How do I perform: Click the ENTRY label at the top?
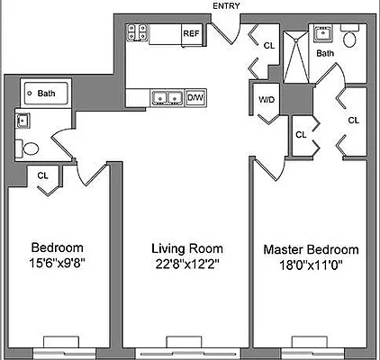coord(226,6)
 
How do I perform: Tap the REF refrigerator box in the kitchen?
coord(191,33)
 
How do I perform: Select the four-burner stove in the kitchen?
coord(137,33)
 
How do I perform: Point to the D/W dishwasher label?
coord(195,97)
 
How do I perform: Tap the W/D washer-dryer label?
coord(267,100)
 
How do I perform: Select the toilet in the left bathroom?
coord(29,148)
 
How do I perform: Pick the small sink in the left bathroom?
coord(22,120)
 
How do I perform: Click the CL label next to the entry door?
coord(268,44)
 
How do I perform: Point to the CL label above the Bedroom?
coord(43,176)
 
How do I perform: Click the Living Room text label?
coord(187,248)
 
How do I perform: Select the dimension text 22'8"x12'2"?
coord(187,264)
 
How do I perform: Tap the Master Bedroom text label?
coord(311,249)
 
